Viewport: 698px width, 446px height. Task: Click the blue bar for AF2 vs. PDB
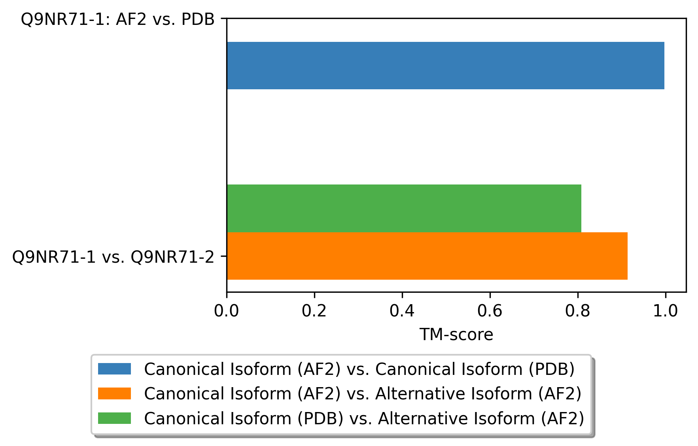[x=445, y=66]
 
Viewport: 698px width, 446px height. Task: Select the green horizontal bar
[x=404, y=208]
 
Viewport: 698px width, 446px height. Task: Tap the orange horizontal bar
[x=427, y=256]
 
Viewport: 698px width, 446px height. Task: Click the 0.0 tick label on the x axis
[x=227, y=311]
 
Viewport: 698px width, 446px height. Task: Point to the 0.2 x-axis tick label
[x=314, y=311]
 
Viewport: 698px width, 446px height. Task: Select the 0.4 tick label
[x=402, y=311]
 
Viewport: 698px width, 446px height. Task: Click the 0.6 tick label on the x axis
[x=490, y=311]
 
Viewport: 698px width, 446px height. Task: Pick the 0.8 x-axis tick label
[x=577, y=311]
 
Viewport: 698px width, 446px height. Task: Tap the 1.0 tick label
[x=665, y=311]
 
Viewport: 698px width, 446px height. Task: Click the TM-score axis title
[x=456, y=335]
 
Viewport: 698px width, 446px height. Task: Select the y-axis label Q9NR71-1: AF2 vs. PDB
[x=117, y=19]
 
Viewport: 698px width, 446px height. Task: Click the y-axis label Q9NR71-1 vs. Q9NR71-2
[x=113, y=257]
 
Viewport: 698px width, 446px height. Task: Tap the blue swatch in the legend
[x=114, y=369]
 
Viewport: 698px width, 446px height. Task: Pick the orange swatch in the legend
[x=114, y=393]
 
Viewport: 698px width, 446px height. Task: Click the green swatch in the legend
[x=114, y=418]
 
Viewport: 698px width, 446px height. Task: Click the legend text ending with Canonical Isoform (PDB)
[x=359, y=369]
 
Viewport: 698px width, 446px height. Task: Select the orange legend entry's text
[x=363, y=393]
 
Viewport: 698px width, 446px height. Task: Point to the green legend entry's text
[x=364, y=418]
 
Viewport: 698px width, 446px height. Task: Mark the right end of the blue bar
[x=664, y=66]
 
